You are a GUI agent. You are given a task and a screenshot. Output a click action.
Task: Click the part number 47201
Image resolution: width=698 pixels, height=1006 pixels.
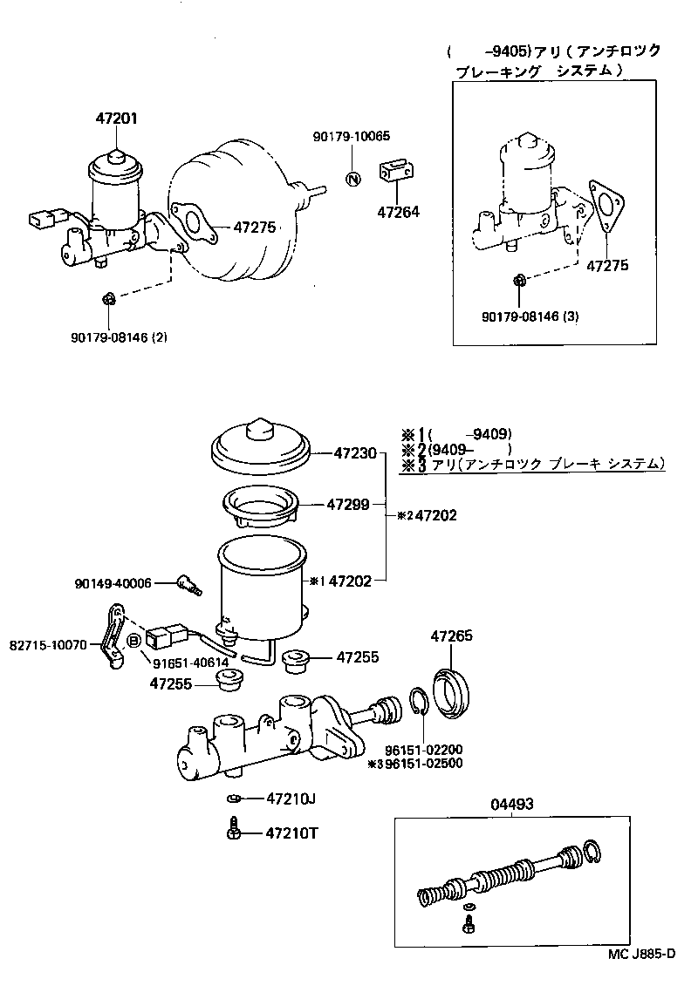pyautogui.click(x=116, y=119)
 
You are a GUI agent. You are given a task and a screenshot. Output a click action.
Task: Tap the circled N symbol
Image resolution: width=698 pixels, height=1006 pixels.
pyautogui.click(x=353, y=180)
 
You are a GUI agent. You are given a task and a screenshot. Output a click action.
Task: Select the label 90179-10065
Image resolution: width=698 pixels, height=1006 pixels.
pyautogui.click(x=352, y=136)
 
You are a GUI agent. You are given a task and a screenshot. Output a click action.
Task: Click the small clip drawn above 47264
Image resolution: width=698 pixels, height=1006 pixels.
pyautogui.click(x=395, y=171)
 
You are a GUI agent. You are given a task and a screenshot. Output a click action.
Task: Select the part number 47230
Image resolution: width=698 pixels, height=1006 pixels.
pyautogui.click(x=355, y=453)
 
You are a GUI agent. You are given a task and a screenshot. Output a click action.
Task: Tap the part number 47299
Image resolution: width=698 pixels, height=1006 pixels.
pyautogui.click(x=348, y=504)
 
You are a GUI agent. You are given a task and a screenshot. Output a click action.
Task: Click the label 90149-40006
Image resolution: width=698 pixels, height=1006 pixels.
pyautogui.click(x=118, y=583)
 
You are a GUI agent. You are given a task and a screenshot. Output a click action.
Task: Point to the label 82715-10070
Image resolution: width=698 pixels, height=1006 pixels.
pyautogui.click(x=50, y=646)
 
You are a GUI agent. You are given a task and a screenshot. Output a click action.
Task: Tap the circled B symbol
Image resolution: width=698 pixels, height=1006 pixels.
pyautogui.click(x=134, y=642)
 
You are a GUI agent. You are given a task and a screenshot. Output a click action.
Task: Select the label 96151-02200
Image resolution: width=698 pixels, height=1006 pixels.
pyautogui.click(x=424, y=749)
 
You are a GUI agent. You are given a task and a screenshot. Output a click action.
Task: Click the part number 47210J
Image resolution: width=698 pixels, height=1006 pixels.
pyautogui.click(x=290, y=798)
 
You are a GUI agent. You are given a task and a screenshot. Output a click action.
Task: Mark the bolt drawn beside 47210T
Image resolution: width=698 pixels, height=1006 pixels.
pyautogui.click(x=233, y=829)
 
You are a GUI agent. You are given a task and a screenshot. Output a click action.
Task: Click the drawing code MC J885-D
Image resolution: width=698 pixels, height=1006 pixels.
pyautogui.click(x=642, y=954)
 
